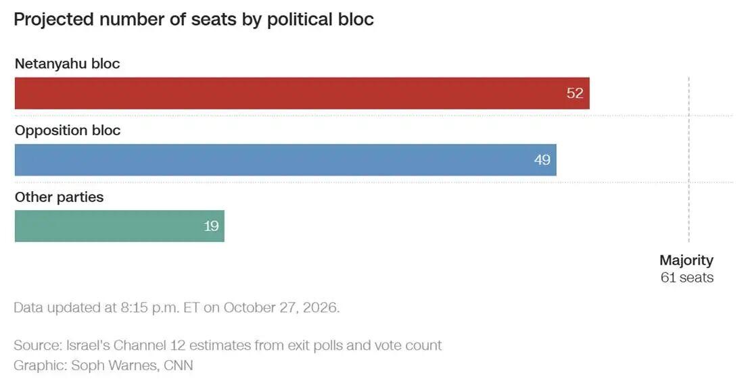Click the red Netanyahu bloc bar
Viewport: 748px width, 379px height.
(x=302, y=93)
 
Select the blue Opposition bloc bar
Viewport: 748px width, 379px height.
(x=285, y=160)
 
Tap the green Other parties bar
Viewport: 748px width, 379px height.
(x=119, y=226)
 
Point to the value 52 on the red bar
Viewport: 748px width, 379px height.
(x=575, y=93)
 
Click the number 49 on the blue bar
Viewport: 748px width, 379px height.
(x=542, y=159)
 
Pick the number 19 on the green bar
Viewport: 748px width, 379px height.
(x=211, y=226)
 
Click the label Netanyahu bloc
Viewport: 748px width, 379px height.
(x=67, y=64)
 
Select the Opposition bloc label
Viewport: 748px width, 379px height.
(x=68, y=130)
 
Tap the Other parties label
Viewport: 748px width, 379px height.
(x=59, y=197)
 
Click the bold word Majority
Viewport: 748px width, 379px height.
(x=686, y=260)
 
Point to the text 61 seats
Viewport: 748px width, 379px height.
(x=687, y=278)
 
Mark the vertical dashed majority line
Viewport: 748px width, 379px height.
(x=689, y=159)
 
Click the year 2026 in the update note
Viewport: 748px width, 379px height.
(x=323, y=307)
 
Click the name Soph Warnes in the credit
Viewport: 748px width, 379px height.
(x=114, y=365)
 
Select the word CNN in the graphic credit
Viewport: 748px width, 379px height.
(x=179, y=365)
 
